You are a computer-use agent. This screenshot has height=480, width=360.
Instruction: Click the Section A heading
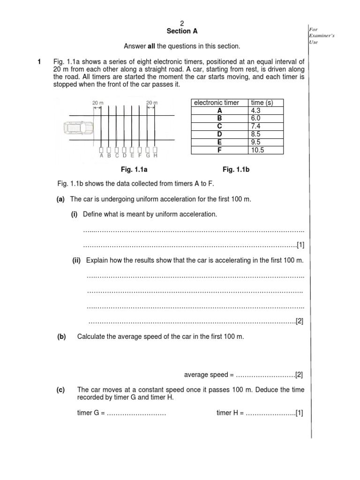tap(182, 31)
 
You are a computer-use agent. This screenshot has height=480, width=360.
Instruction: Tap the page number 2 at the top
tap(183, 23)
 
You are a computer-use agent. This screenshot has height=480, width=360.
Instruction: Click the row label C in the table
tap(218, 126)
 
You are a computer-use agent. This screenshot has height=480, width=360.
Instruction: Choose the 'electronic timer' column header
tap(217, 102)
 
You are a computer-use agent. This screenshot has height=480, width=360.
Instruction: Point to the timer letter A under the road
tap(101, 156)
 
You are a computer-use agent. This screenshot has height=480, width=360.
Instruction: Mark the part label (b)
tap(61, 337)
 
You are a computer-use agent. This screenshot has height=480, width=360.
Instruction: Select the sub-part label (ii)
tap(77, 260)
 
